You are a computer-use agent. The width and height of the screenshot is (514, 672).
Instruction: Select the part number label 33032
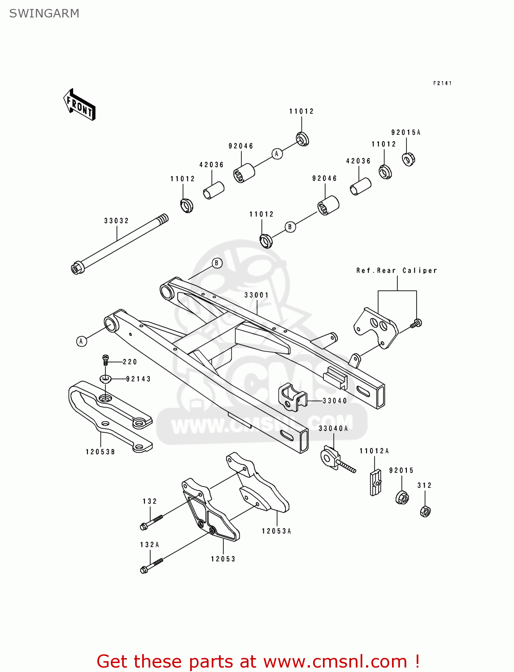117,221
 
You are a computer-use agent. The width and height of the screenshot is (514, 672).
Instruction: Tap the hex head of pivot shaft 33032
76,269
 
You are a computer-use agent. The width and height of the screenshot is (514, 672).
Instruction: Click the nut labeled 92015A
408,159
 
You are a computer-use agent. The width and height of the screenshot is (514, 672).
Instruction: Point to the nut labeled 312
425,511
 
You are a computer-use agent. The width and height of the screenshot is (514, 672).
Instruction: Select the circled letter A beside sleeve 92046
277,154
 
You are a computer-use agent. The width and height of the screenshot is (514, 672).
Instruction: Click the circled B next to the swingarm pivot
217,263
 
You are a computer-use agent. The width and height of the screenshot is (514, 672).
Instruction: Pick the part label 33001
257,295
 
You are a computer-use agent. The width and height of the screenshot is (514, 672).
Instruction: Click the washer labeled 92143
105,379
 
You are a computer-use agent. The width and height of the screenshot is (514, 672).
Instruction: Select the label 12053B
100,452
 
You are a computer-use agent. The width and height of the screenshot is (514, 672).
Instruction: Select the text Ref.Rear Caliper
396,271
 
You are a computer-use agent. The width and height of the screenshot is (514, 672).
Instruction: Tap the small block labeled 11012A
375,482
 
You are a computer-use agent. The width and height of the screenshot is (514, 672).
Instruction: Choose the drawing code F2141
442,83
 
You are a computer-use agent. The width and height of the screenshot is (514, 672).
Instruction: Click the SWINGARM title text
44,13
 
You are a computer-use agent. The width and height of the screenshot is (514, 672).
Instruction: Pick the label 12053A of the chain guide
276,531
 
